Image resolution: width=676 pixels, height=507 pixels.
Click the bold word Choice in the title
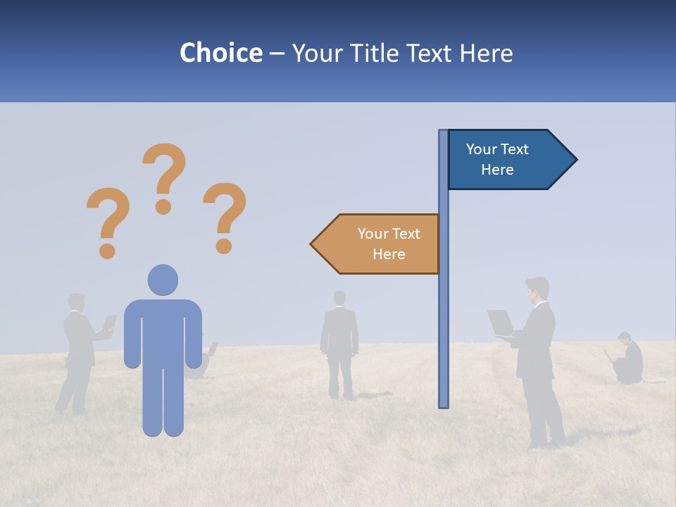(x=220, y=53)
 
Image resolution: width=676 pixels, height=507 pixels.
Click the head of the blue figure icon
(x=163, y=280)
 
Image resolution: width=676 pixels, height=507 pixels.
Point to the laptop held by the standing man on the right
(x=501, y=323)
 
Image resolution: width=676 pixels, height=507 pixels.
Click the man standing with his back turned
(x=339, y=345)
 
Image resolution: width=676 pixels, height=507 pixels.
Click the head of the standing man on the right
(x=537, y=288)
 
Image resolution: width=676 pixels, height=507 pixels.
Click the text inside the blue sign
(x=497, y=159)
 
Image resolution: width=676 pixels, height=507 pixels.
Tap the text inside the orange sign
(x=389, y=244)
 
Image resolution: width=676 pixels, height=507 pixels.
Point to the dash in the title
(x=277, y=54)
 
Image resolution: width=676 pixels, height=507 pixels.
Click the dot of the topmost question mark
(x=163, y=207)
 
